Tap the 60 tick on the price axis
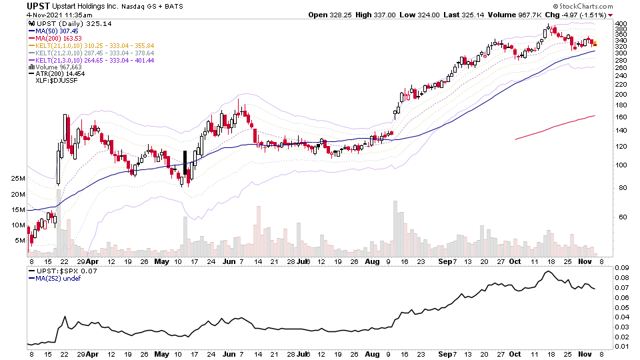[x=619, y=217]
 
